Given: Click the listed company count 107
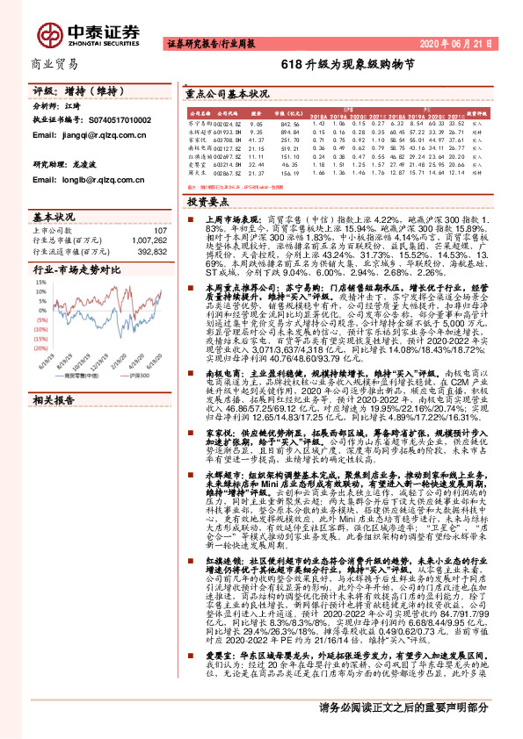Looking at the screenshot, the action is [160, 231].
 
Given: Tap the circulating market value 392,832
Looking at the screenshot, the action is [151, 249].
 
